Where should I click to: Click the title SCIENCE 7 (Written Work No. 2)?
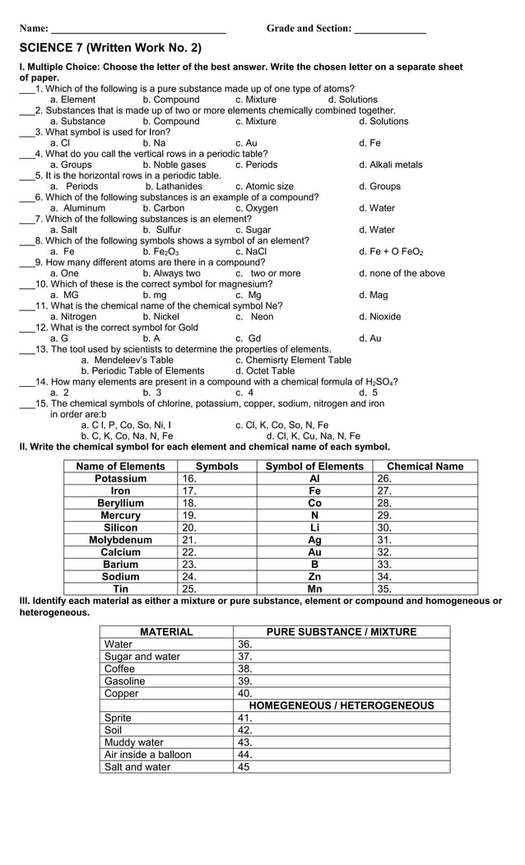[110, 49]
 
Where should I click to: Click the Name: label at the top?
[34, 28]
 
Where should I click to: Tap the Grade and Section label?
[309, 28]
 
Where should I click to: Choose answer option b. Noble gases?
[174, 165]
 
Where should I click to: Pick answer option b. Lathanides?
[174, 186]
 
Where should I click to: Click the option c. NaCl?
[250, 252]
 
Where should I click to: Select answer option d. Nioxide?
[379, 317]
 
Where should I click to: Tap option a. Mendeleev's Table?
[127, 360]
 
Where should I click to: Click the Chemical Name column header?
[425, 466]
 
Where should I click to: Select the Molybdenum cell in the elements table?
[120, 540]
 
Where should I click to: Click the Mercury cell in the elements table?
[120, 515]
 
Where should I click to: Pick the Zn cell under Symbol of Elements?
[314, 577]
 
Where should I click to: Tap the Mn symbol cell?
[314, 589]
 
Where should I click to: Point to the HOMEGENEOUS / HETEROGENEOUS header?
[341, 706]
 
